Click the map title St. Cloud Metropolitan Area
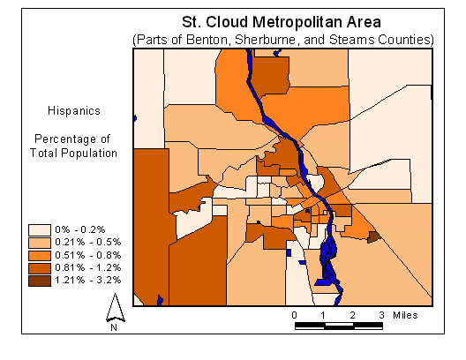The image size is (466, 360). [x=281, y=22]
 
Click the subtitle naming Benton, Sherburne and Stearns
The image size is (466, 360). [x=282, y=40]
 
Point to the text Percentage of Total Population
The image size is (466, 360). [x=75, y=146]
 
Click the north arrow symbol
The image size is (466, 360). [x=114, y=306]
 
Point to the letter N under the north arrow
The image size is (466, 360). [x=114, y=327]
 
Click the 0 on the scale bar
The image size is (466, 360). [x=294, y=314]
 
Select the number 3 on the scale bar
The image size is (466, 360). [x=381, y=314]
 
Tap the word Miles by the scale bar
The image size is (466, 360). [x=405, y=314]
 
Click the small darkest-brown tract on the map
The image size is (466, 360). [x=373, y=236]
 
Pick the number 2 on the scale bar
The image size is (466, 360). [x=352, y=314]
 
